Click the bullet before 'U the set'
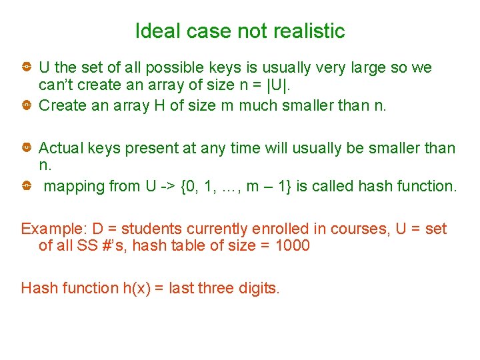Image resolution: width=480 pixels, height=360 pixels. point(25,67)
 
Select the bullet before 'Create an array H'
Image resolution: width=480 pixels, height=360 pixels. point(25,105)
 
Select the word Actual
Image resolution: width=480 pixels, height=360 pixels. point(59,148)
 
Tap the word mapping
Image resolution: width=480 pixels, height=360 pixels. point(73,186)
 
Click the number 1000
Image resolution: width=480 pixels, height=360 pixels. point(291,246)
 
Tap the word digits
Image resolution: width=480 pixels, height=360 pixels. point(259,288)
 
